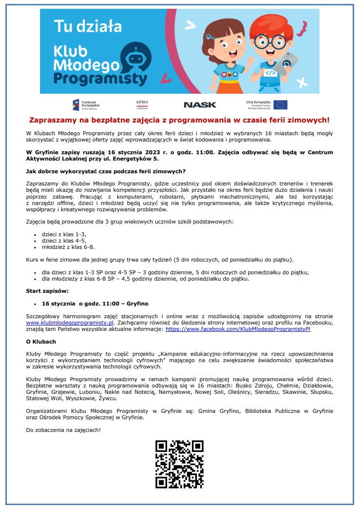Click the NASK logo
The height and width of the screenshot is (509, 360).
[200, 104]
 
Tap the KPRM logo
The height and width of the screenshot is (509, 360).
[143, 104]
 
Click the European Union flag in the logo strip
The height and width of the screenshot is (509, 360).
[280, 104]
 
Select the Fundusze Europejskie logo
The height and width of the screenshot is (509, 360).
[86, 104]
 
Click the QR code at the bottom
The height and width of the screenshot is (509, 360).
[179, 464]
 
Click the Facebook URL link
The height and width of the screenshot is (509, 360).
[238, 329]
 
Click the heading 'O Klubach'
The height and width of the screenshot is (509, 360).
[41, 342]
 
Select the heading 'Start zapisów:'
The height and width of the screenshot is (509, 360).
[47, 291]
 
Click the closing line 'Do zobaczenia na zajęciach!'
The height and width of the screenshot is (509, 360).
[63, 430]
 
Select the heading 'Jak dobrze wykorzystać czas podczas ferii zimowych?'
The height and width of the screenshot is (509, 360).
[106, 171]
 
